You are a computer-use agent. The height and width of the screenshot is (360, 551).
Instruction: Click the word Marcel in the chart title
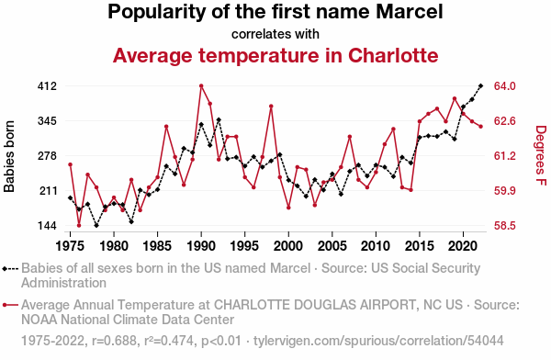409,11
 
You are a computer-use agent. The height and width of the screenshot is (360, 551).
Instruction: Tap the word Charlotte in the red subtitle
393,55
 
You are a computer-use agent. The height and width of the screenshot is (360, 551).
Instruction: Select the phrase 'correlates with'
275,34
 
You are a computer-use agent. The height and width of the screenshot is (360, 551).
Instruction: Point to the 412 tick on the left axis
47,85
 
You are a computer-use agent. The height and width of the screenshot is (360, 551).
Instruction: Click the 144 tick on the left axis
47,225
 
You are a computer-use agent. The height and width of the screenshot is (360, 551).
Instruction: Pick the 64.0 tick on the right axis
504,85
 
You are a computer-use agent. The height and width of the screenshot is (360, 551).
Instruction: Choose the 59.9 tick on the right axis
504,190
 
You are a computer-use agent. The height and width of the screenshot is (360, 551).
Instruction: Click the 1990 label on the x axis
201,246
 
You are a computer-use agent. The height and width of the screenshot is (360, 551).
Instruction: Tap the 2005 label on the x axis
332,246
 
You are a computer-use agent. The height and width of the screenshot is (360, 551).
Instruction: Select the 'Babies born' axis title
9,156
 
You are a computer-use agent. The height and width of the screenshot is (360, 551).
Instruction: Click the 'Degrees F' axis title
541,155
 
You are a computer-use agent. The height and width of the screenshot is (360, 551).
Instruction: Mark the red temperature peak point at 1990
201,85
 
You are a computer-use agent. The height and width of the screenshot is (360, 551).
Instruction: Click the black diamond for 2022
480,85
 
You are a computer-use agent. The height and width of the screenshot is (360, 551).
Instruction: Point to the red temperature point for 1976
79,225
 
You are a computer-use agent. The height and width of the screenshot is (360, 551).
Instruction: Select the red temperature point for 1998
271,107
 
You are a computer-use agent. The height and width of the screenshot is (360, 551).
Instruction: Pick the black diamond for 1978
96,225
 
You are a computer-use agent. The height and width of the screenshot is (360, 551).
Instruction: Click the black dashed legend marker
10,269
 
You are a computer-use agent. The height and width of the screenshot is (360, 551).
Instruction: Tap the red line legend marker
10,305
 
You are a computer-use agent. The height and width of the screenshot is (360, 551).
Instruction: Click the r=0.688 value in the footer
114,341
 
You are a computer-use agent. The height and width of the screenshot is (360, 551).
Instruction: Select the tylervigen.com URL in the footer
378,341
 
